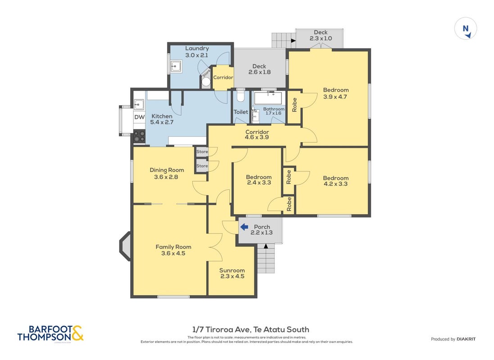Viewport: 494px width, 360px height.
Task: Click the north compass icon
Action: pos(466,29)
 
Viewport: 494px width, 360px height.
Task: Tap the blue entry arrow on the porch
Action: pos(244,227)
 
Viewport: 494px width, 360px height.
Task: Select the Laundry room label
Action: pos(197,48)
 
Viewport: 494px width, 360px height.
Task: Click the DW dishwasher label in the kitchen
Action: pos(139,117)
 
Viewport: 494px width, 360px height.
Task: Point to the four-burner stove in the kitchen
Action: pos(139,136)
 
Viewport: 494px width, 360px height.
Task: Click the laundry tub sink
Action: pos(176,67)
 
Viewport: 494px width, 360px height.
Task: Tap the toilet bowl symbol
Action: pos(241,96)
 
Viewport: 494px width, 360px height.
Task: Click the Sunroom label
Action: pos(232,270)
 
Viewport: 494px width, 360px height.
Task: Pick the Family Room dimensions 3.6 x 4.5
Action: pos(173,253)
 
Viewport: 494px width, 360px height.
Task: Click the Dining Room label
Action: pos(167,170)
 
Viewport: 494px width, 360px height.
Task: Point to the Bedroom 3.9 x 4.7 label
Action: pos(335,93)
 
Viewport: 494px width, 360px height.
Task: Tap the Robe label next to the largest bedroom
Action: pos(295,105)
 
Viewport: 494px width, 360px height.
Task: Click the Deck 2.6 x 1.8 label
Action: pos(259,69)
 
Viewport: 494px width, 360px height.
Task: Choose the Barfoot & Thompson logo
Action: pos(50,333)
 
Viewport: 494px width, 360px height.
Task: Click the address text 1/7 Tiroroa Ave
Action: pos(222,329)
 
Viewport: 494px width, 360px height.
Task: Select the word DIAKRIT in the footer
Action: pos(466,339)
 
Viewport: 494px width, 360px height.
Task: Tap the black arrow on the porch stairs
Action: pos(266,246)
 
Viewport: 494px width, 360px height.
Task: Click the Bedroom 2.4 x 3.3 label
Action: pos(258,180)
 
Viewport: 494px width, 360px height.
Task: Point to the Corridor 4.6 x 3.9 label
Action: pos(257,135)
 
